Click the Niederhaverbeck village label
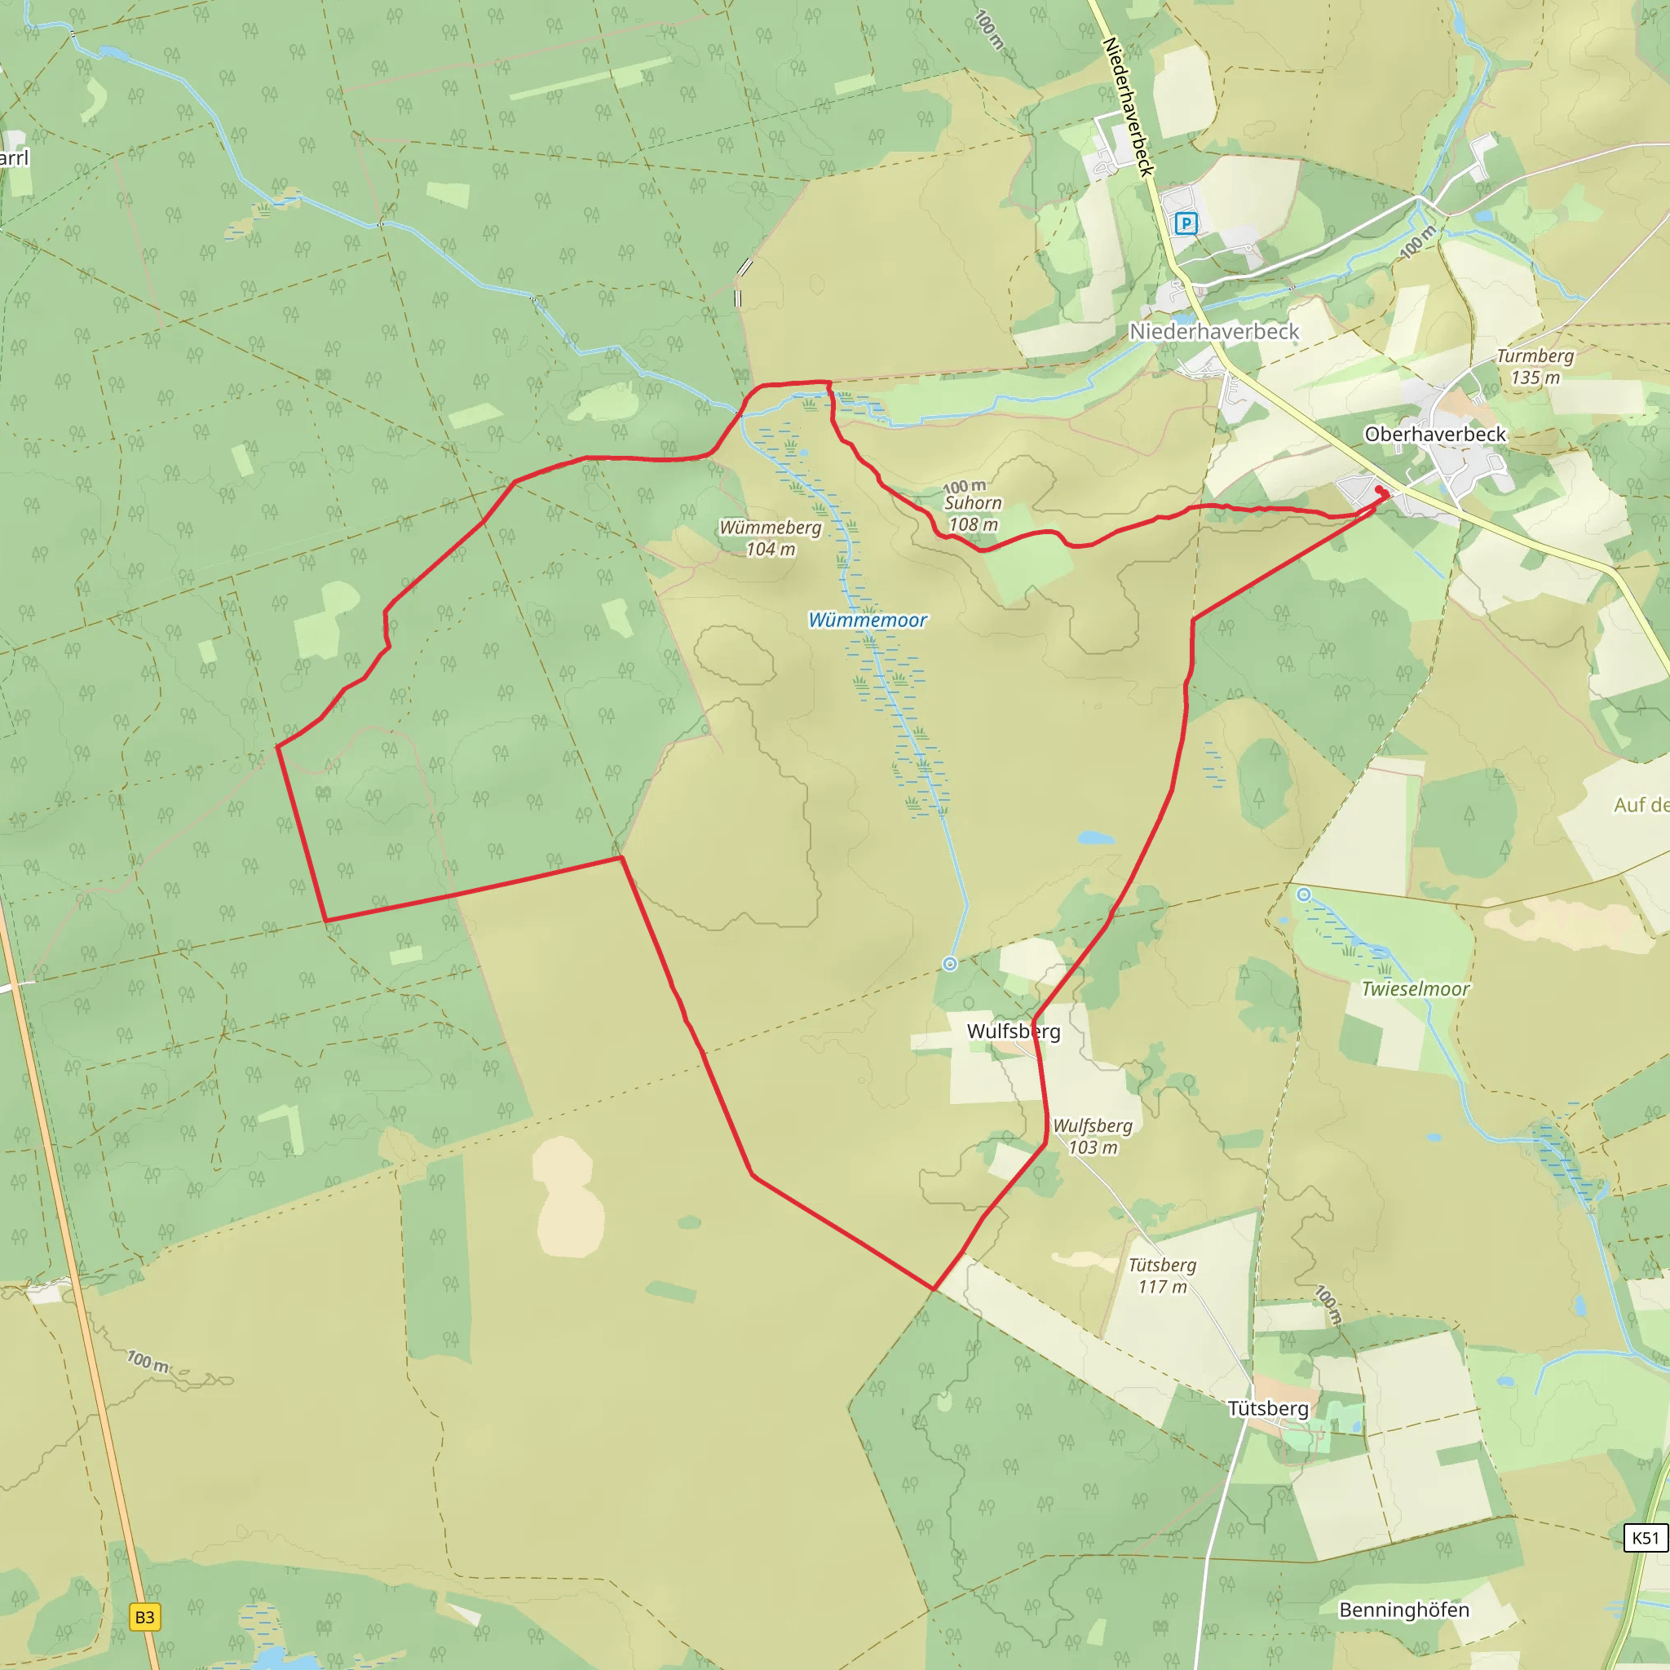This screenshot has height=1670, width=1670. coord(1213,332)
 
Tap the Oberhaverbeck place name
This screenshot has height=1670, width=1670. coord(1435,435)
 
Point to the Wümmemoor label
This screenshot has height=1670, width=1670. coord(867,620)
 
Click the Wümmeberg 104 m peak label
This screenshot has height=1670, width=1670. coord(770,537)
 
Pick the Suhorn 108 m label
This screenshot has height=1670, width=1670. coord(973,513)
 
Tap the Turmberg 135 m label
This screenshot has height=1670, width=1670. coord(1535,366)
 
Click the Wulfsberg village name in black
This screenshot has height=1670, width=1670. coord(1013,1032)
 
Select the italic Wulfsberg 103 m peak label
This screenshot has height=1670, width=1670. coord(1093,1136)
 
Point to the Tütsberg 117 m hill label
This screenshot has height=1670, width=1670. coord(1163,1275)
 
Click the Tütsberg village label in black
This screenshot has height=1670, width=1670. coord(1268,1408)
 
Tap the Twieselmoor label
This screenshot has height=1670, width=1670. coord(1415,989)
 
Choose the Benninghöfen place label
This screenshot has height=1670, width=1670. coord(1404,1610)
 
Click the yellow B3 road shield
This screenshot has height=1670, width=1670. coord(144,1617)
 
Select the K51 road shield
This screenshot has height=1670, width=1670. coord(1645,1538)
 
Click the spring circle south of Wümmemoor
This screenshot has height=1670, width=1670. coord(950,964)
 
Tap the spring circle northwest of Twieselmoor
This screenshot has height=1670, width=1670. coord(1304,895)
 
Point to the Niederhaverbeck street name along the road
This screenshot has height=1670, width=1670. coord(1129,106)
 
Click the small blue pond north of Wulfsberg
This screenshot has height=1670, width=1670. coord(1096,837)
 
